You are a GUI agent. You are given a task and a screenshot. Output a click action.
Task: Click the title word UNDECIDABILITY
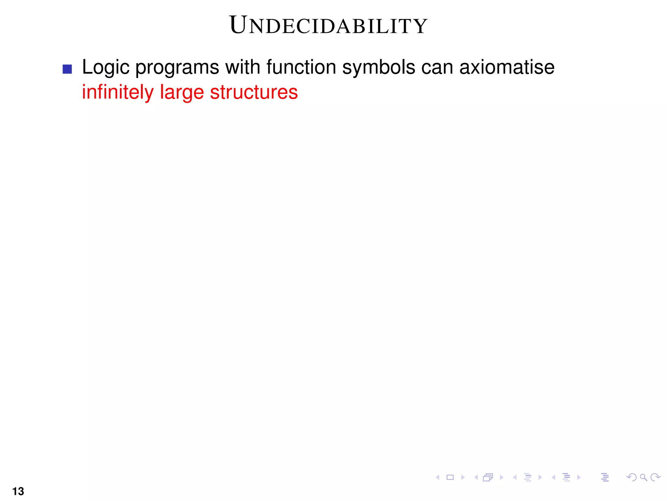click(x=328, y=25)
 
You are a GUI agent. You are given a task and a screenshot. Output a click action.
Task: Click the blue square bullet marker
click(x=67, y=69)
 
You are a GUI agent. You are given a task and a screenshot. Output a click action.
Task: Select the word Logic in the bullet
click(x=106, y=68)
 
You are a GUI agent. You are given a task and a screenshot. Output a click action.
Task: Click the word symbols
click(x=379, y=68)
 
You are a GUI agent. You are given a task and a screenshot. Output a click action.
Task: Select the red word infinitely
click(x=118, y=92)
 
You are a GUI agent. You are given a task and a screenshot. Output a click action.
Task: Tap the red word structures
click(x=254, y=92)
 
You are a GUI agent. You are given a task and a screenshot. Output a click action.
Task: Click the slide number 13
click(x=18, y=491)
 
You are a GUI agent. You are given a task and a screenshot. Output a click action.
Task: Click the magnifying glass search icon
click(x=643, y=478)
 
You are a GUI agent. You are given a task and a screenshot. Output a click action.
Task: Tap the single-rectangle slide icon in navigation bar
click(x=450, y=478)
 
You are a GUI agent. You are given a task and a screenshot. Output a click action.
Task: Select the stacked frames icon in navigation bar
click(x=488, y=478)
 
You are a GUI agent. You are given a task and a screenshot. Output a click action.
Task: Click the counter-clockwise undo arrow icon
click(x=631, y=478)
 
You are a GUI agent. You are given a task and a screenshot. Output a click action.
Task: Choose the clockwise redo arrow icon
click(x=655, y=478)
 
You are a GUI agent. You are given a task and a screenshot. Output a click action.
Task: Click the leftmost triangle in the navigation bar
click(x=437, y=478)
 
